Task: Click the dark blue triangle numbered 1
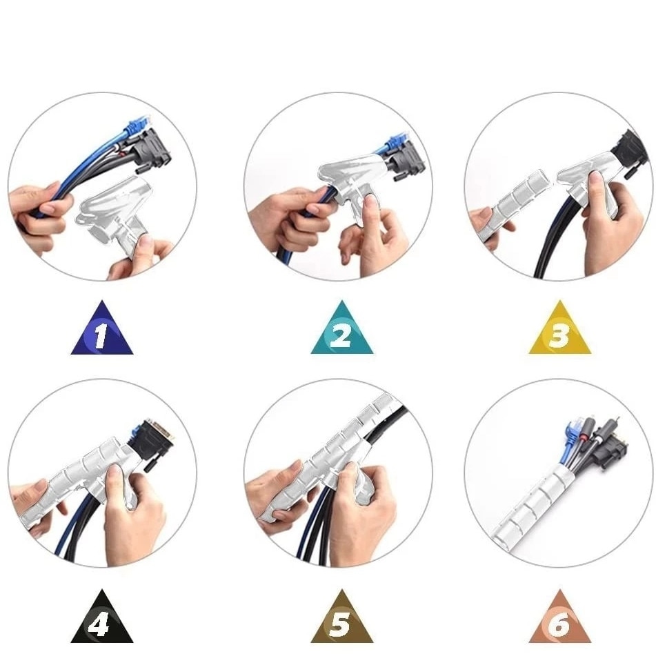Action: [x=101, y=333]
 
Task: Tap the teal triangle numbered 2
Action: [x=342, y=333]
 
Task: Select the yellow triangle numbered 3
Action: [x=560, y=333]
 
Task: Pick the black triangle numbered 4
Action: [x=101, y=622]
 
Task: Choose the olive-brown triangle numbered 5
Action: [x=342, y=622]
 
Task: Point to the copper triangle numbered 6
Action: [x=560, y=622]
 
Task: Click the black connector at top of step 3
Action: [x=631, y=152]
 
